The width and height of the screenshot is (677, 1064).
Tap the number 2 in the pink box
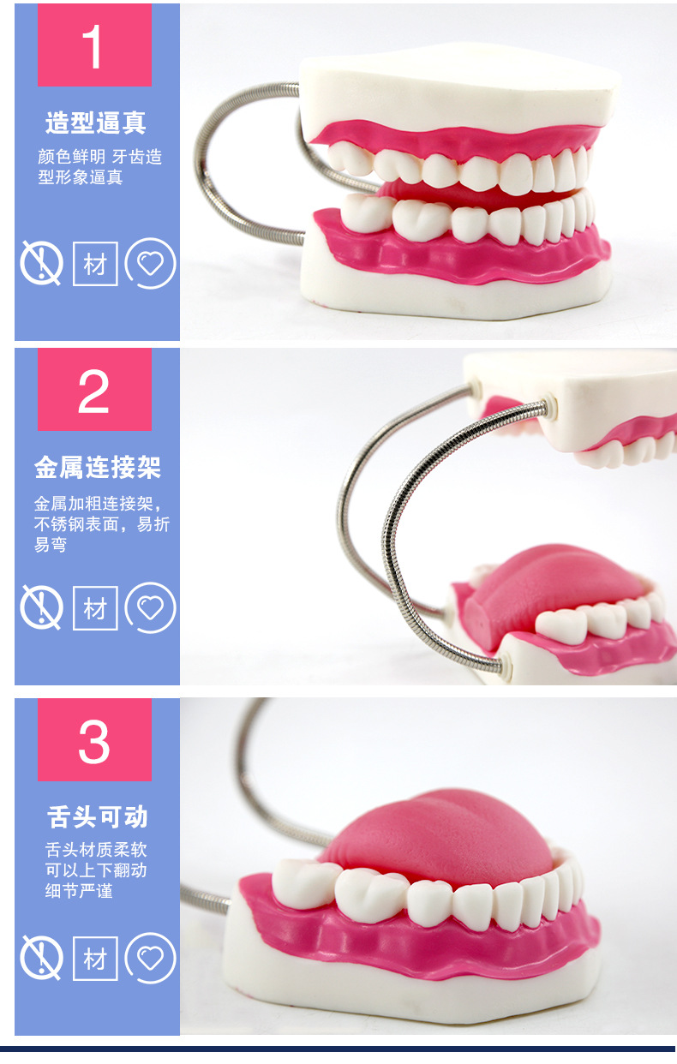tap(93, 391)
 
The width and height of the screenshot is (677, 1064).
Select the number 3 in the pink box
tap(93, 740)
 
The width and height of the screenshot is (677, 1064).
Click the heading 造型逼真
tap(96, 123)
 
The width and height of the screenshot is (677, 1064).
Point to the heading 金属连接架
tap(97, 468)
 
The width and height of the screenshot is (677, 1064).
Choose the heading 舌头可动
tap(97, 816)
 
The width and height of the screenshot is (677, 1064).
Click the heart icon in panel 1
tap(151, 263)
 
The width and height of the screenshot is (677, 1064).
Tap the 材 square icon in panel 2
tap(95, 608)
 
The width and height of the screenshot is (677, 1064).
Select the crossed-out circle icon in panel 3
tap(41, 957)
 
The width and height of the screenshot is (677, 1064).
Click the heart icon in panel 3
tap(151, 957)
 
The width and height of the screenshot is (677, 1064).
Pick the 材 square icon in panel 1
tap(95, 263)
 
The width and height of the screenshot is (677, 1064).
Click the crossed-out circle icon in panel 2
tap(41, 608)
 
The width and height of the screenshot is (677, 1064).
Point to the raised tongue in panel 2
tap(540, 583)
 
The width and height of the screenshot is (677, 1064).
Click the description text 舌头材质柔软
tap(96, 851)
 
